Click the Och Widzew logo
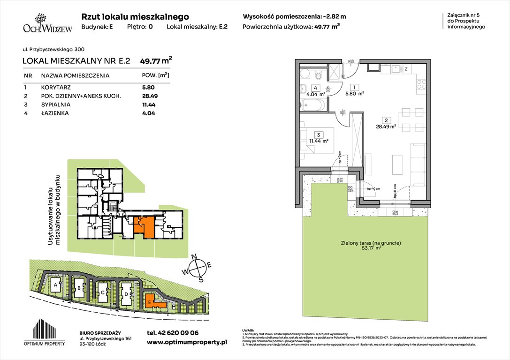point(41,22)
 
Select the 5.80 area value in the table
point(148,87)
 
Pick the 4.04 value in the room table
point(148,113)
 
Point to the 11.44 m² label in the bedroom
point(318,140)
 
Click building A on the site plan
point(55,285)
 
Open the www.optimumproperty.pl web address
point(187,343)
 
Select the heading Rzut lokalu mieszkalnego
point(135,17)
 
